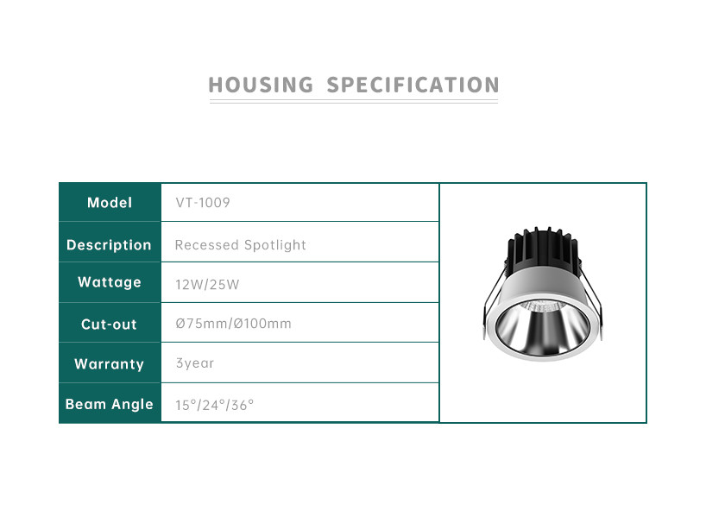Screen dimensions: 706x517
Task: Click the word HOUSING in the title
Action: click(x=261, y=85)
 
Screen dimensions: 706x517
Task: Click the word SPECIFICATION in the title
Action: click(x=413, y=85)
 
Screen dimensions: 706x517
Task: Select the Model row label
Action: click(x=110, y=203)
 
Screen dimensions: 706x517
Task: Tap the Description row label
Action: click(x=109, y=245)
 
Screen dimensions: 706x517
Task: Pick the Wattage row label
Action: click(x=110, y=282)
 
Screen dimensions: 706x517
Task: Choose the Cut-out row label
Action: click(x=109, y=325)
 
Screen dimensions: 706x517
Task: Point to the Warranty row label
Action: click(x=109, y=364)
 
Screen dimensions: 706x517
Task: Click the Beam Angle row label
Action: click(x=110, y=405)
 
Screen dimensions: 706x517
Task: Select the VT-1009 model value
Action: click(x=203, y=203)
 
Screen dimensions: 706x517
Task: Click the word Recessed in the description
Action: click(x=206, y=245)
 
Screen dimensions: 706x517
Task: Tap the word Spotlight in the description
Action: click(x=274, y=245)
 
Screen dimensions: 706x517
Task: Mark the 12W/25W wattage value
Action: click(x=207, y=285)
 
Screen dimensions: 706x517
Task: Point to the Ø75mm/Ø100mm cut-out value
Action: click(x=233, y=324)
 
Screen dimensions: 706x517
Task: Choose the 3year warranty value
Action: click(x=194, y=363)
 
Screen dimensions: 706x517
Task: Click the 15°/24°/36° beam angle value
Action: click(x=214, y=406)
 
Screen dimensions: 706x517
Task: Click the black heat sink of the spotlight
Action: click(x=543, y=249)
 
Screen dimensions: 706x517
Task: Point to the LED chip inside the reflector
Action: click(x=539, y=307)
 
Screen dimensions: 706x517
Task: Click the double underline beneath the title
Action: click(x=354, y=101)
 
